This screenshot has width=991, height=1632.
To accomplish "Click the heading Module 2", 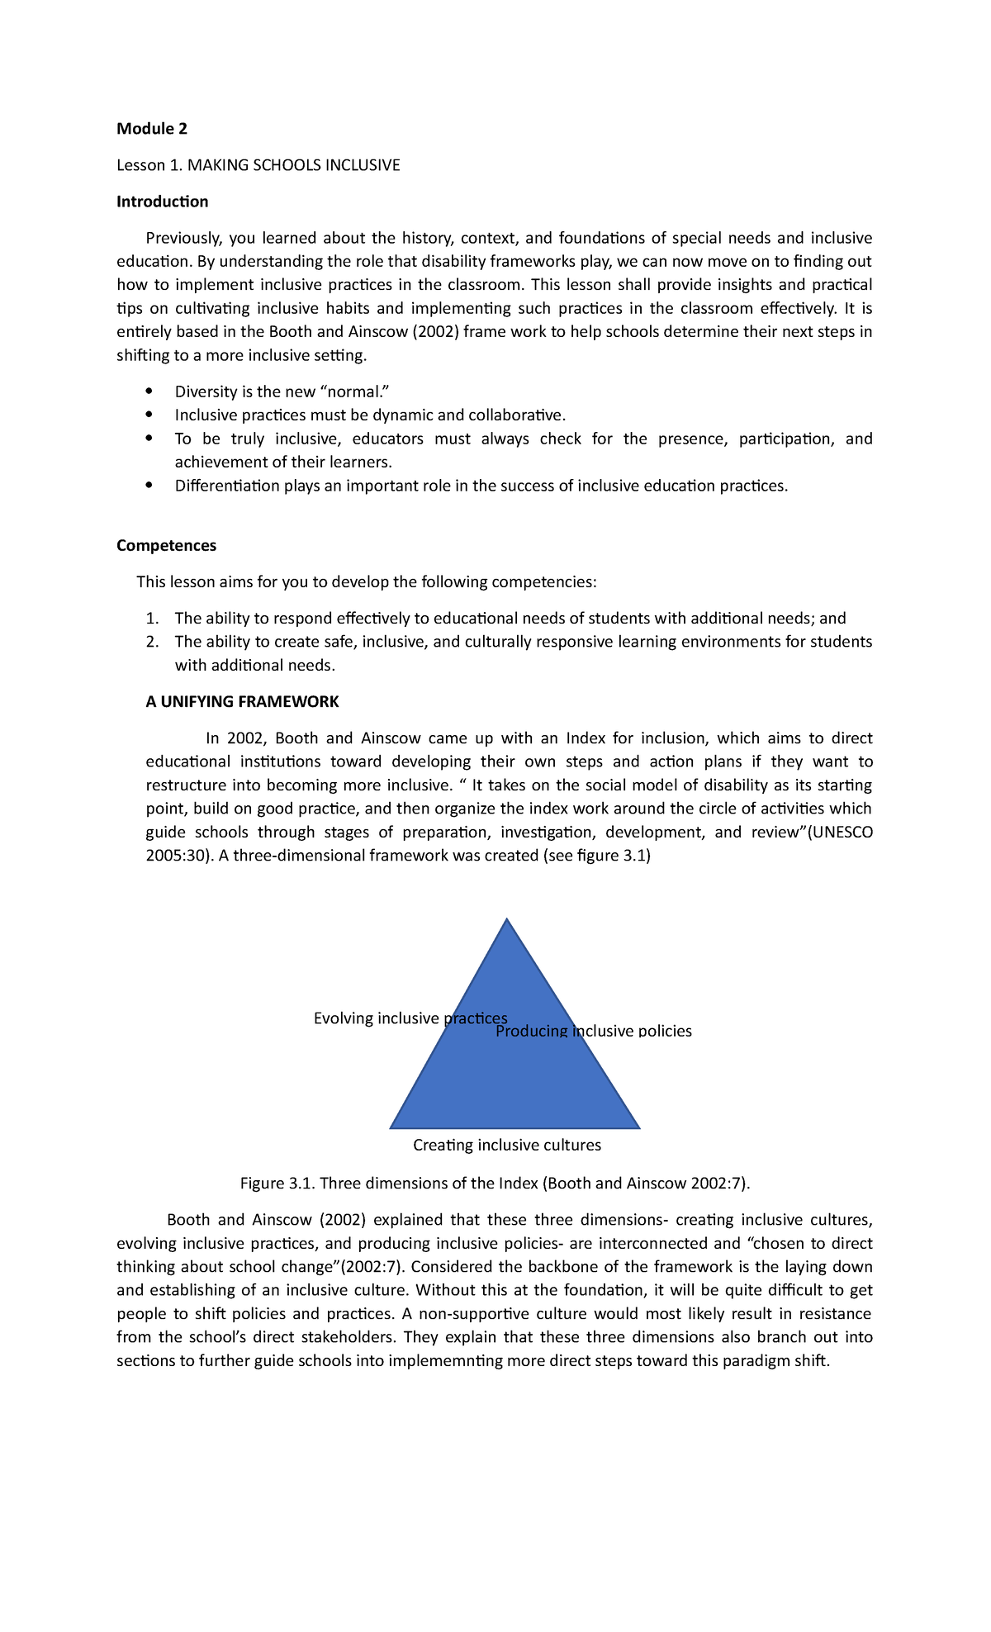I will coord(152,129).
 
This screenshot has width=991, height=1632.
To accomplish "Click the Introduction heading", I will coord(162,202).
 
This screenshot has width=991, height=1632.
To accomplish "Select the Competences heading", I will coord(166,545).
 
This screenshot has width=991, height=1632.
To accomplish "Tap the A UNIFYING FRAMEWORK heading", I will coord(242,701).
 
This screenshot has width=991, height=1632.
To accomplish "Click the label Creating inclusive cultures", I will coord(506,1145).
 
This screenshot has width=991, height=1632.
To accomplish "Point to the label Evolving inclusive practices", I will coord(410,1018).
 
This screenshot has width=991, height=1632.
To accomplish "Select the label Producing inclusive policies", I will coord(593,1031).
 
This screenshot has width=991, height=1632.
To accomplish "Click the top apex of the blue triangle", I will coord(506,920).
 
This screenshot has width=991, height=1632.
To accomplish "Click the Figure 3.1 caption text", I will coord(495,1183).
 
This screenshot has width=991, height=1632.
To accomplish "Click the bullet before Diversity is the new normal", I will coord(149,391).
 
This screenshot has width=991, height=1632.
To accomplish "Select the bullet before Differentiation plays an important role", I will coord(149,485).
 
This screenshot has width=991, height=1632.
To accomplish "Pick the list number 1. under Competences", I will coord(151,619).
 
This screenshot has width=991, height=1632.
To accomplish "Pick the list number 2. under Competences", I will coord(151,642).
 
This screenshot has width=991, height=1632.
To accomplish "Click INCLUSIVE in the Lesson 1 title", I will coord(362,165).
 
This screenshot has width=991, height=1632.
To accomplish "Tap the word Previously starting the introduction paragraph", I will coord(183,238).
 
